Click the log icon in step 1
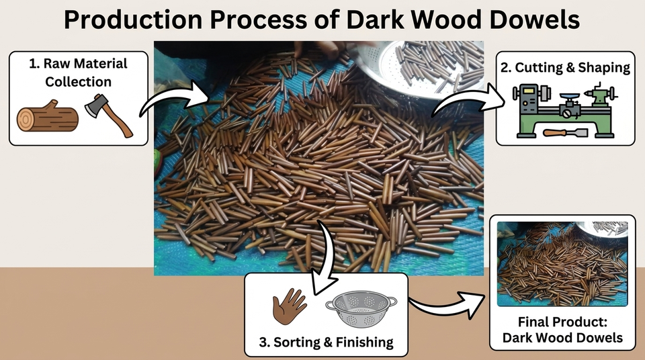(x=47, y=116)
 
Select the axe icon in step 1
(x=108, y=116)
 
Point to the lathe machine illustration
(x=565, y=109)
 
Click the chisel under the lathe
(x=566, y=133)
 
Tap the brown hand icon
(x=289, y=306)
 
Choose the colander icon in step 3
(x=361, y=309)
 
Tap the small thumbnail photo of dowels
(x=562, y=264)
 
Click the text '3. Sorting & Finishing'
(x=327, y=342)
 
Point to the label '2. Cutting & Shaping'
(x=565, y=67)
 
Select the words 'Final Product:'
(x=562, y=321)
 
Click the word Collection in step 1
(x=78, y=81)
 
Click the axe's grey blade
(x=96, y=105)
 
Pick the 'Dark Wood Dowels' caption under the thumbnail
(x=562, y=338)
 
